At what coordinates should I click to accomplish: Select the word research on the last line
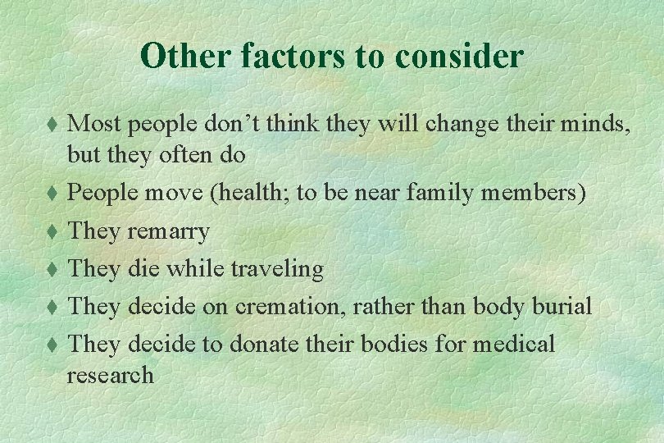coord(110,376)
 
